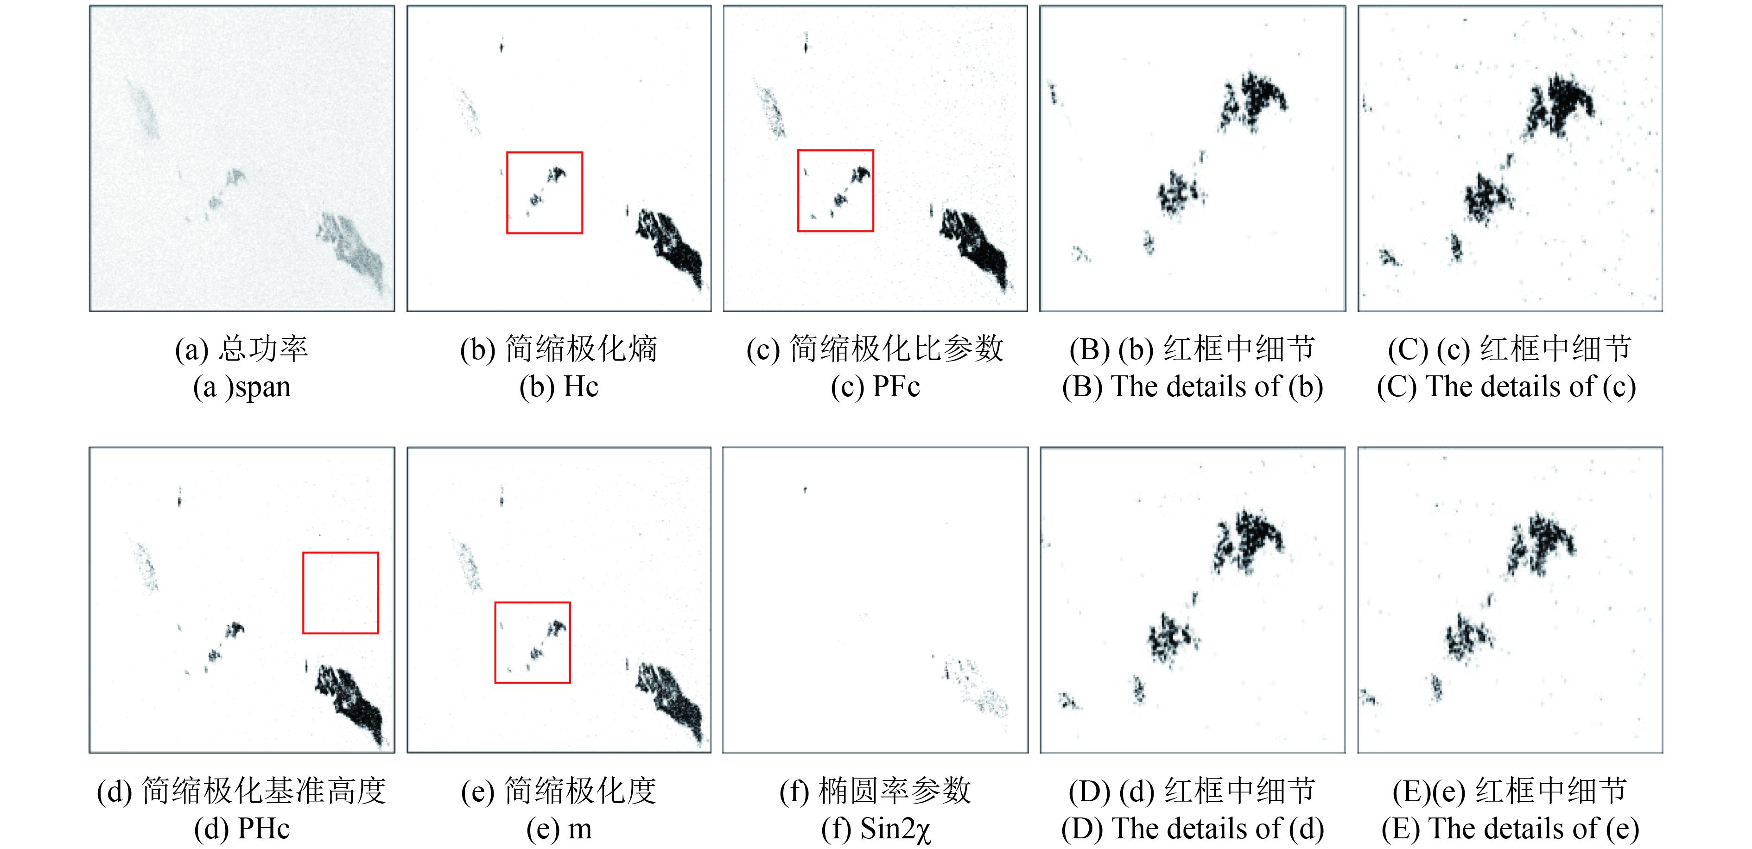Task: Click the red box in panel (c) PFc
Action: tap(798, 190)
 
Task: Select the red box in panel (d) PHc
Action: tap(303, 593)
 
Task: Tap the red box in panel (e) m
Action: tap(495, 642)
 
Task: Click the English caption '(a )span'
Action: tap(242, 387)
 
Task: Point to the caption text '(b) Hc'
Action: tap(559, 387)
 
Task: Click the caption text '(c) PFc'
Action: tap(876, 387)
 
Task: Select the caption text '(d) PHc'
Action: tap(242, 829)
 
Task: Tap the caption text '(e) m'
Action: tap(559, 829)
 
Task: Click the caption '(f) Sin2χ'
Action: tap(876, 829)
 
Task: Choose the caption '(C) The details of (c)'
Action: tap(1506, 387)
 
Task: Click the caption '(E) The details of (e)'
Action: tap(1511, 829)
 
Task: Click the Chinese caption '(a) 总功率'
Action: tap(242, 349)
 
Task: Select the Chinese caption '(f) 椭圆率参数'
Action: tap(876, 791)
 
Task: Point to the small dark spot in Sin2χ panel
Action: tap(805, 489)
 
